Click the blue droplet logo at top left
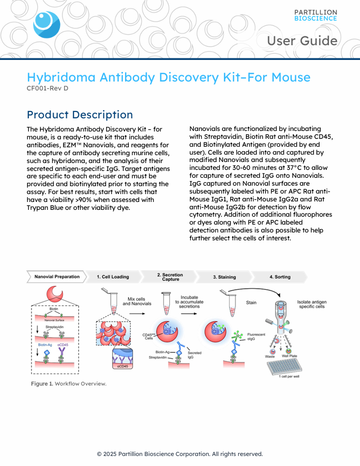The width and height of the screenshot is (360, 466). tap(46, 24)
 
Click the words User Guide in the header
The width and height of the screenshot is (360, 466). tap(302, 40)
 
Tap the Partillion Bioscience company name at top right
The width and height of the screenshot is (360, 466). tap(315, 15)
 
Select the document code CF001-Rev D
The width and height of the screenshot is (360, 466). tap(47, 88)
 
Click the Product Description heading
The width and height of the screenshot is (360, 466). tap(79, 115)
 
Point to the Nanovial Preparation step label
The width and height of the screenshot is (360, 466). tap(57, 277)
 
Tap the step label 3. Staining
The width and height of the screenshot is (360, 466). tap(224, 277)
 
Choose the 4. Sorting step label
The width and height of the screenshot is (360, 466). tap(280, 277)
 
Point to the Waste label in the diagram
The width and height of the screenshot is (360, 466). tap(270, 356)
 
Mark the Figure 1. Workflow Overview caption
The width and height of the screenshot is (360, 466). tap(68, 383)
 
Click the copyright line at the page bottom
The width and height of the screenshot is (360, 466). tap(180, 454)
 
